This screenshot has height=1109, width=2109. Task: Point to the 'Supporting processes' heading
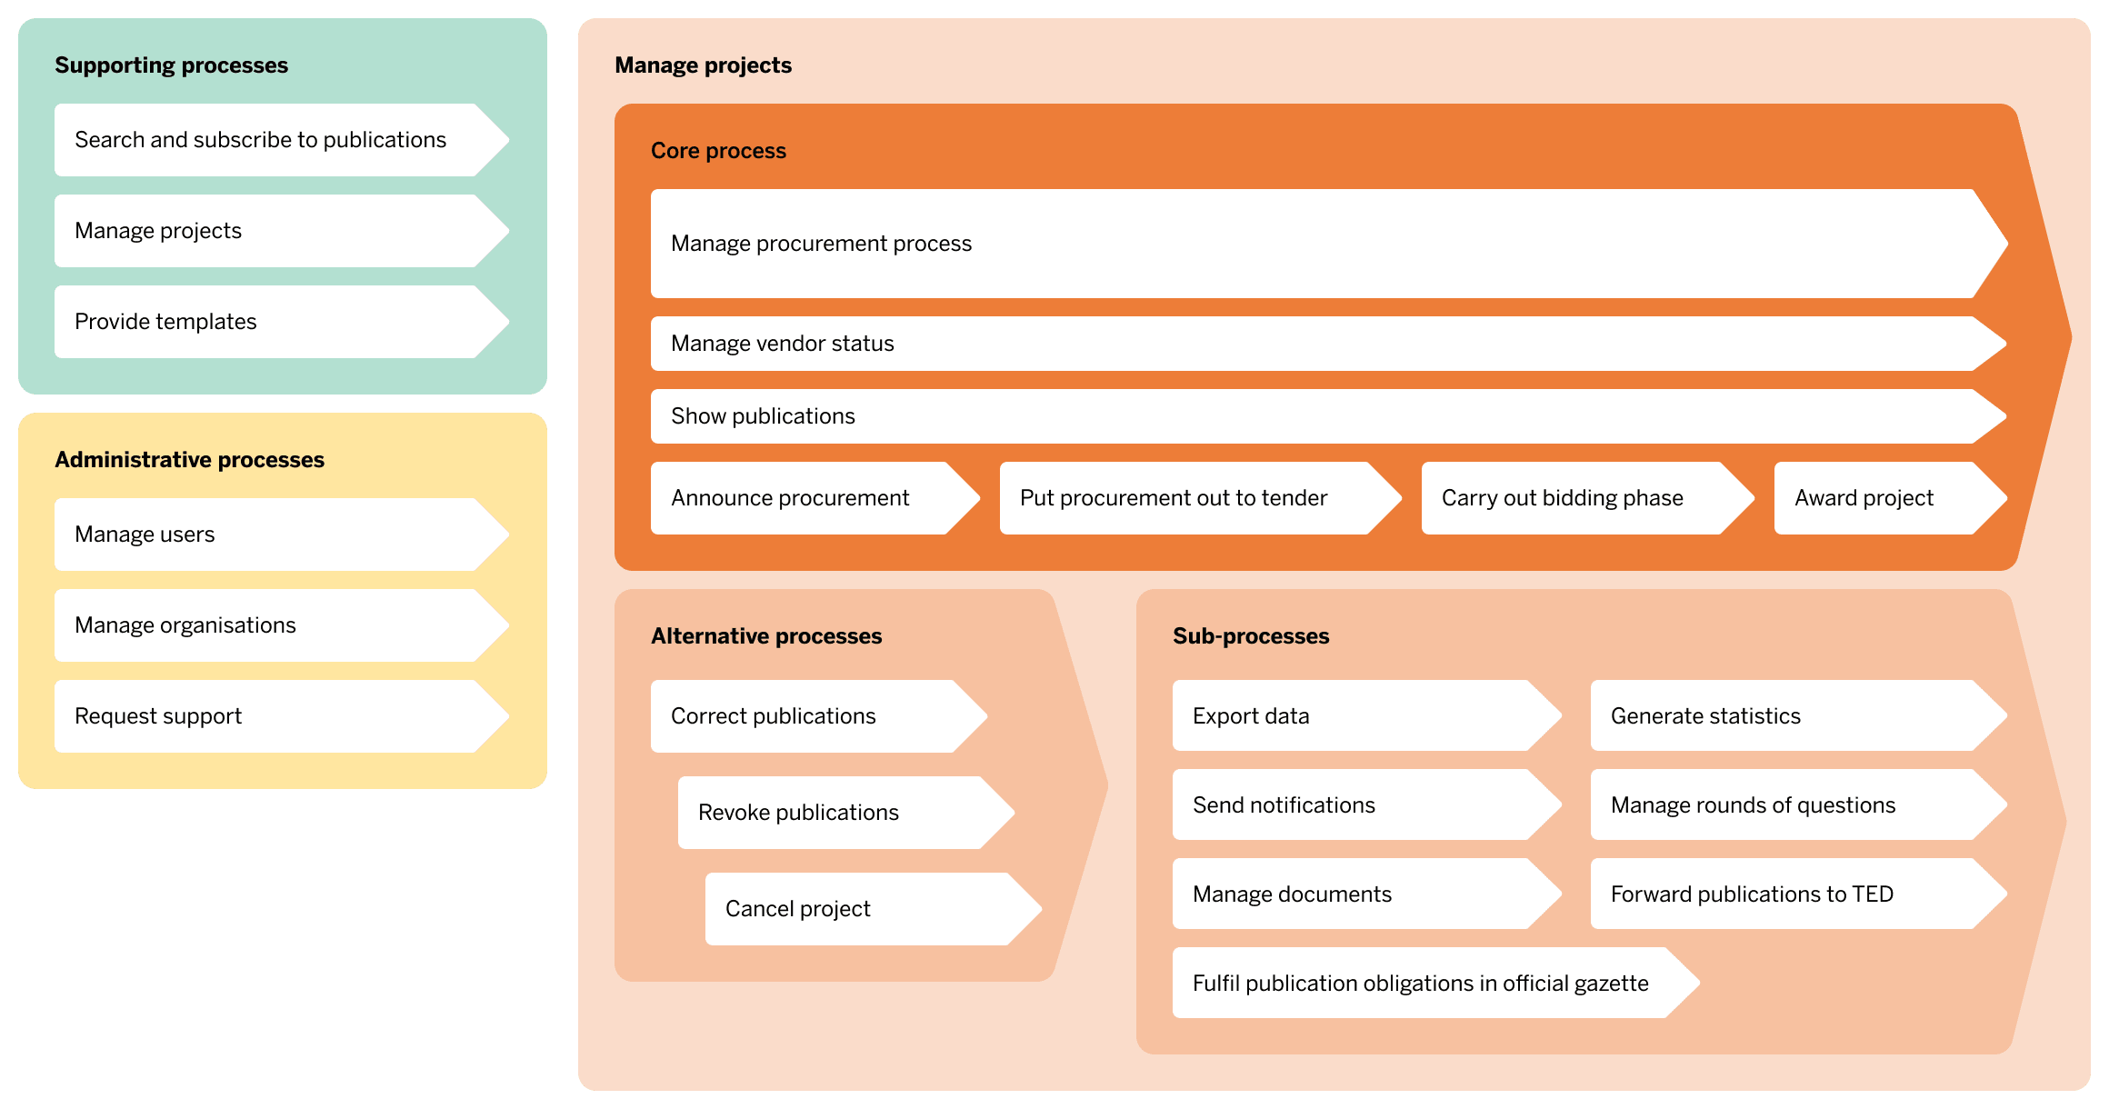[x=171, y=65]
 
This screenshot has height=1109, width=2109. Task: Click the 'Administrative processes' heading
[x=189, y=460]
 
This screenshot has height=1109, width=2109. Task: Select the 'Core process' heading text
[x=718, y=151]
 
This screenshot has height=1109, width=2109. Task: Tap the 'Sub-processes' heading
[x=1251, y=636]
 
